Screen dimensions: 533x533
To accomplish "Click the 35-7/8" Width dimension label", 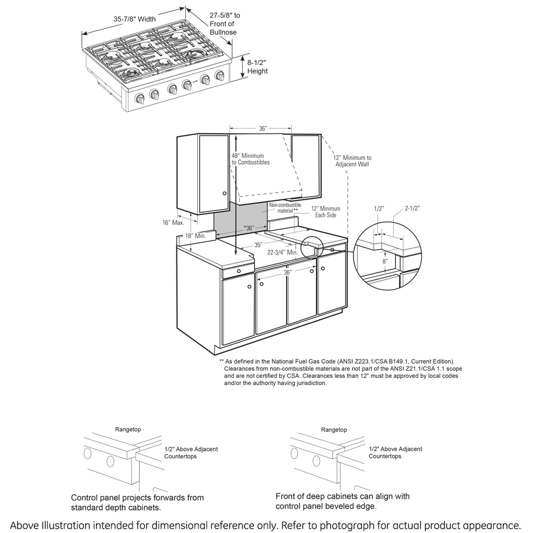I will point(134,19).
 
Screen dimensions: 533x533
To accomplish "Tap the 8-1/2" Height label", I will point(257,66).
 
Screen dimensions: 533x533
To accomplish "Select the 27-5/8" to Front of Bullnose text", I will point(224,24).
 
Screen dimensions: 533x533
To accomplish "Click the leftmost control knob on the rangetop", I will point(140,99).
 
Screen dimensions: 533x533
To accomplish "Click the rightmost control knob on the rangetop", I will point(221,76).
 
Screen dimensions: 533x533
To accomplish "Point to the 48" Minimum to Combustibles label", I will point(251,159).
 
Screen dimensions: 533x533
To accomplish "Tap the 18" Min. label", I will point(195,236).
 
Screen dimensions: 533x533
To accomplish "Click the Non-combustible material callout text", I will point(284,208).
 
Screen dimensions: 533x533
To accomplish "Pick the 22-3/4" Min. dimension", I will point(284,252).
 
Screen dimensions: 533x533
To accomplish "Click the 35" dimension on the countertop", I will point(258,244).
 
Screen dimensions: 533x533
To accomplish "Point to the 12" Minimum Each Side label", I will point(326,212).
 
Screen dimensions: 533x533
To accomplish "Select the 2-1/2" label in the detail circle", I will point(413,208).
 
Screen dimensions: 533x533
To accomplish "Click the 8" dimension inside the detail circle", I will point(385,261).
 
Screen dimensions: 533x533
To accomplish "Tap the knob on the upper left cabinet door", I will point(224,193).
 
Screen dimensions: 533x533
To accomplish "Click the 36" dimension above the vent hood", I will point(263,129).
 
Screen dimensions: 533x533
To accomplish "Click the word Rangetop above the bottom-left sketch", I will point(128,430).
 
